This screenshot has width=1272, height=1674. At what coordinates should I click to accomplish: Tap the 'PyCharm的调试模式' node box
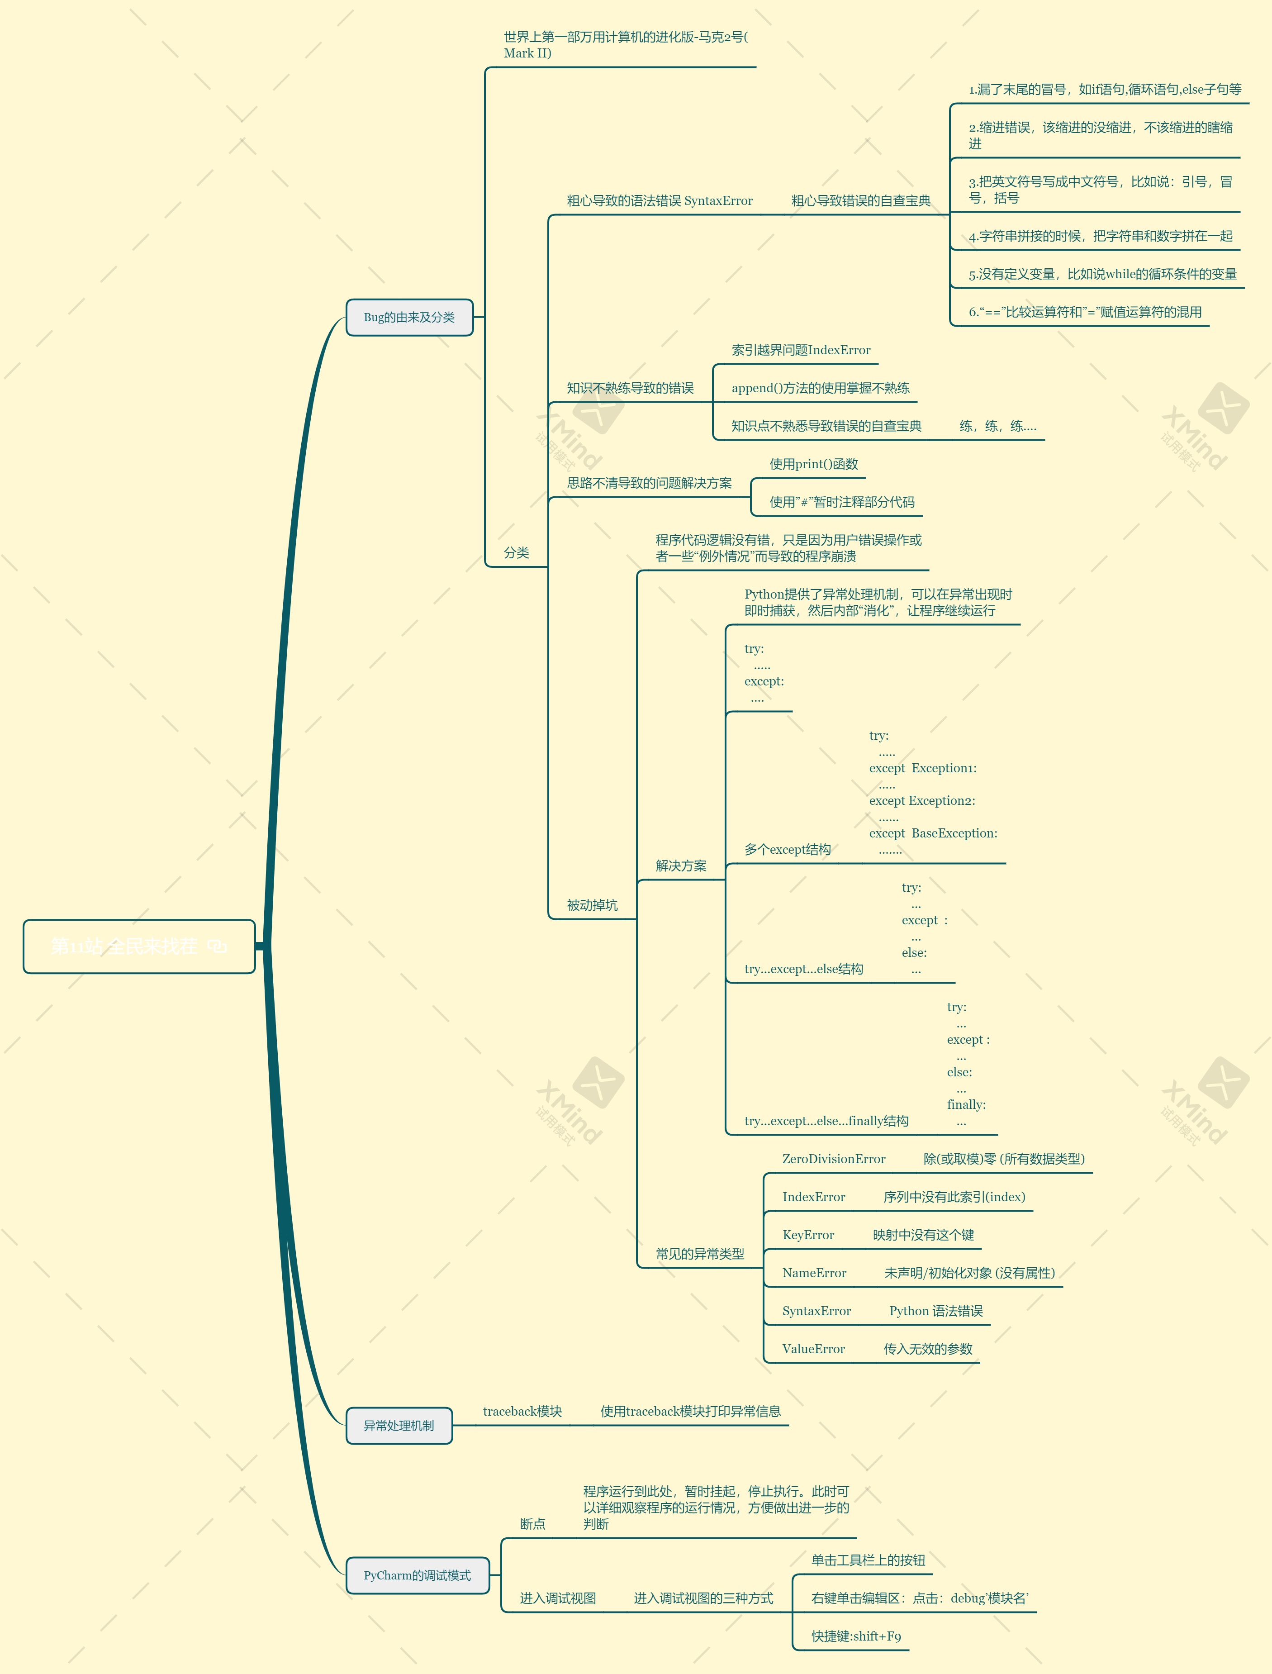click(x=417, y=1575)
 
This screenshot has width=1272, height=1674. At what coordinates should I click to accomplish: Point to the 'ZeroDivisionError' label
click(x=834, y=1159)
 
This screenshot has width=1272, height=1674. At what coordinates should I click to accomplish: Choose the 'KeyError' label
click(x=808, y=1235)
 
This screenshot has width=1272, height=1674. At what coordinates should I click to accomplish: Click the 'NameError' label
click(x=814, y=1273)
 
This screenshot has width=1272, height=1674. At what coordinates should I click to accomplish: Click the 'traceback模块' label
click(x=522, y=1411)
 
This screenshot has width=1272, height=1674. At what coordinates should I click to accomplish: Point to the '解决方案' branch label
click(x=681, y=866)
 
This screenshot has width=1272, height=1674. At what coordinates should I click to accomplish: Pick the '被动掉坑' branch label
click(x=592, y=905)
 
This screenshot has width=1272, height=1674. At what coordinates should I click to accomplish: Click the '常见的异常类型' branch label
click(x=700, y=1254)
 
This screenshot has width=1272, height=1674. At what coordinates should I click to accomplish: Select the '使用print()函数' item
click(x=814, y=464)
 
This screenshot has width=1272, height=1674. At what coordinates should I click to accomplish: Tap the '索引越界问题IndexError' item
click(x=800, y=350)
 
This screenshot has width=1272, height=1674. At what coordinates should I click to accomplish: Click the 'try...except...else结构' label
click(x=803, y=969)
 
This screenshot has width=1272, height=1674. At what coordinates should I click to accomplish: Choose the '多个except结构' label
click(x=788, y=850)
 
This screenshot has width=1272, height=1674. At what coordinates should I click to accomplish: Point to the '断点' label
click(x=532, y=1524)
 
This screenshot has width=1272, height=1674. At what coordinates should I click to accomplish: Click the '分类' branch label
click(x=517, y=553)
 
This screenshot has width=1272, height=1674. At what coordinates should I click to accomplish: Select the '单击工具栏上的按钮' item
click(x=868, y=1560)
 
